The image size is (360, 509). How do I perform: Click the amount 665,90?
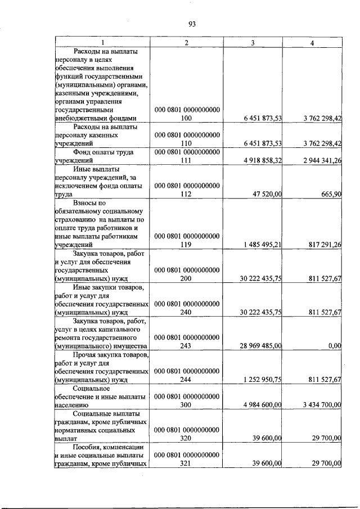pyautogui.click(x=331, y=194)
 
